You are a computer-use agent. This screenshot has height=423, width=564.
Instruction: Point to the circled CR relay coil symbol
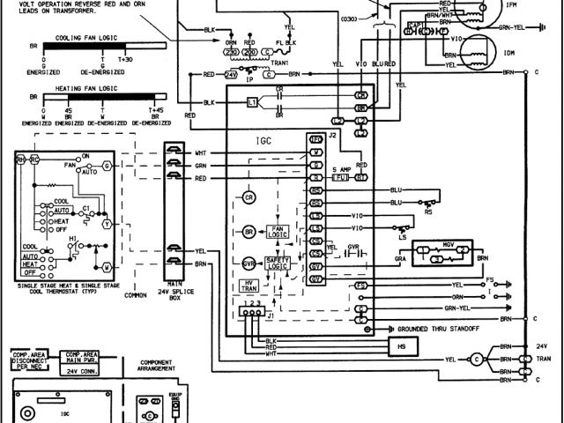pyautogui.click(x=249, y=197)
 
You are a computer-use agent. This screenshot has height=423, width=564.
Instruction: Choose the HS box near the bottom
pyautogui.click(x=404, y=346)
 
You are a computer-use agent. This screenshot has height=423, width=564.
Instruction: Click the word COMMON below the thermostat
pyautogui.click(x=136, y=296)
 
